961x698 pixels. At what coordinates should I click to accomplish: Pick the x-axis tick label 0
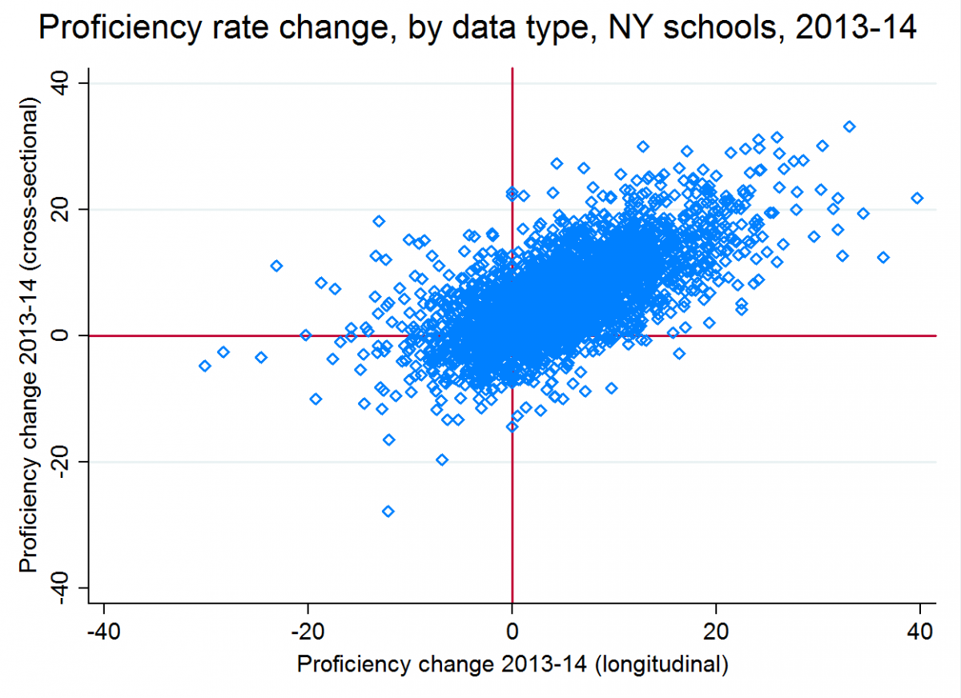(512, 628)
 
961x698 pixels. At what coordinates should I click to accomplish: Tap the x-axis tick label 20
(716, 628)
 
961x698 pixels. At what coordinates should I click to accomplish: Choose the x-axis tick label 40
(920, 628)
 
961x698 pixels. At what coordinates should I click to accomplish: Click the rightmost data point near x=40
(917, 198)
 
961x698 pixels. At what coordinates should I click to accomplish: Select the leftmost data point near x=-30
(205, 366)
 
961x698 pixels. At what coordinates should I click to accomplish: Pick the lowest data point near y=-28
(388, 511)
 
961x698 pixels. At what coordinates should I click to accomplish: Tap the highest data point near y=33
(850, 126)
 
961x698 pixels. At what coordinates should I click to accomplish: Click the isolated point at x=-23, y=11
(276, 266)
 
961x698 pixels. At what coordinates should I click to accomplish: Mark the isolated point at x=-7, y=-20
(442, 459)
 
